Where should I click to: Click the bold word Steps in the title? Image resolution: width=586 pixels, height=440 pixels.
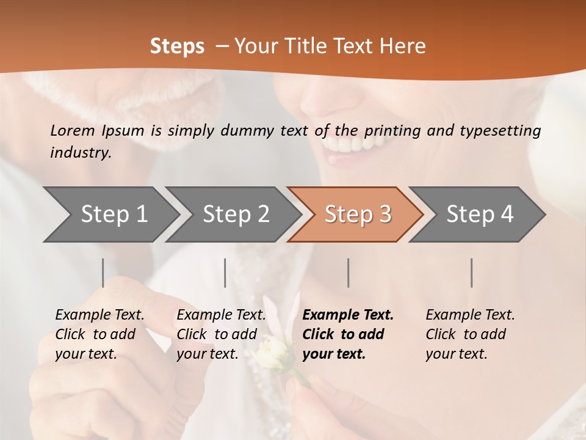pos(177,46)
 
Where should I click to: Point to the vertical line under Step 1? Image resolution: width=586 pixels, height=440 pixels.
pos(103,273)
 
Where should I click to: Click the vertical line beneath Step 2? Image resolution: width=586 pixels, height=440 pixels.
pos(225,273)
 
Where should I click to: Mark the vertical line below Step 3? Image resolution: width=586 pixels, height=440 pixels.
pos(349,273)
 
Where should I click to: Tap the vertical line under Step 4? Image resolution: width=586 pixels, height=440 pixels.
pos(472,273)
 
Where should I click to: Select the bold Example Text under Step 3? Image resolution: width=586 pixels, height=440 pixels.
pos(348,315)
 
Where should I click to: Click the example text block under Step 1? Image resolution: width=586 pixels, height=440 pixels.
pos(99,334)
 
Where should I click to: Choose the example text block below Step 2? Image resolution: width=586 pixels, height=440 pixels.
pos(221,334)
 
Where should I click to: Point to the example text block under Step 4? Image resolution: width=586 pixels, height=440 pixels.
pos(470,334)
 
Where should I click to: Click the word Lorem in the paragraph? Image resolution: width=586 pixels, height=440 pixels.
pos(73,130)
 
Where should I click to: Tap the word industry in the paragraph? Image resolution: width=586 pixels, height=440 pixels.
pos(80,153)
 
